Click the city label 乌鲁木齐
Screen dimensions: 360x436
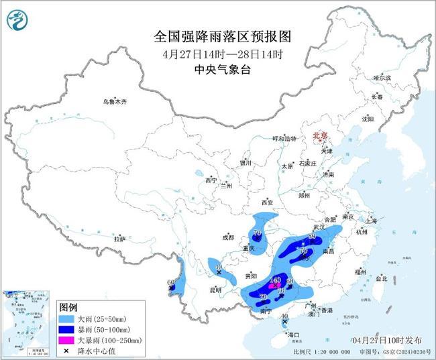click(114, 102)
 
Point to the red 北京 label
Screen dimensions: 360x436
click(319, 136)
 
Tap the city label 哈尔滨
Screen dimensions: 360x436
click(382, 78)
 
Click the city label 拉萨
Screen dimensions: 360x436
click(119, 239)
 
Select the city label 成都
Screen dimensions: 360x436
click(228, 237)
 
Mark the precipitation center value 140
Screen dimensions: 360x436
click(276, 280)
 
